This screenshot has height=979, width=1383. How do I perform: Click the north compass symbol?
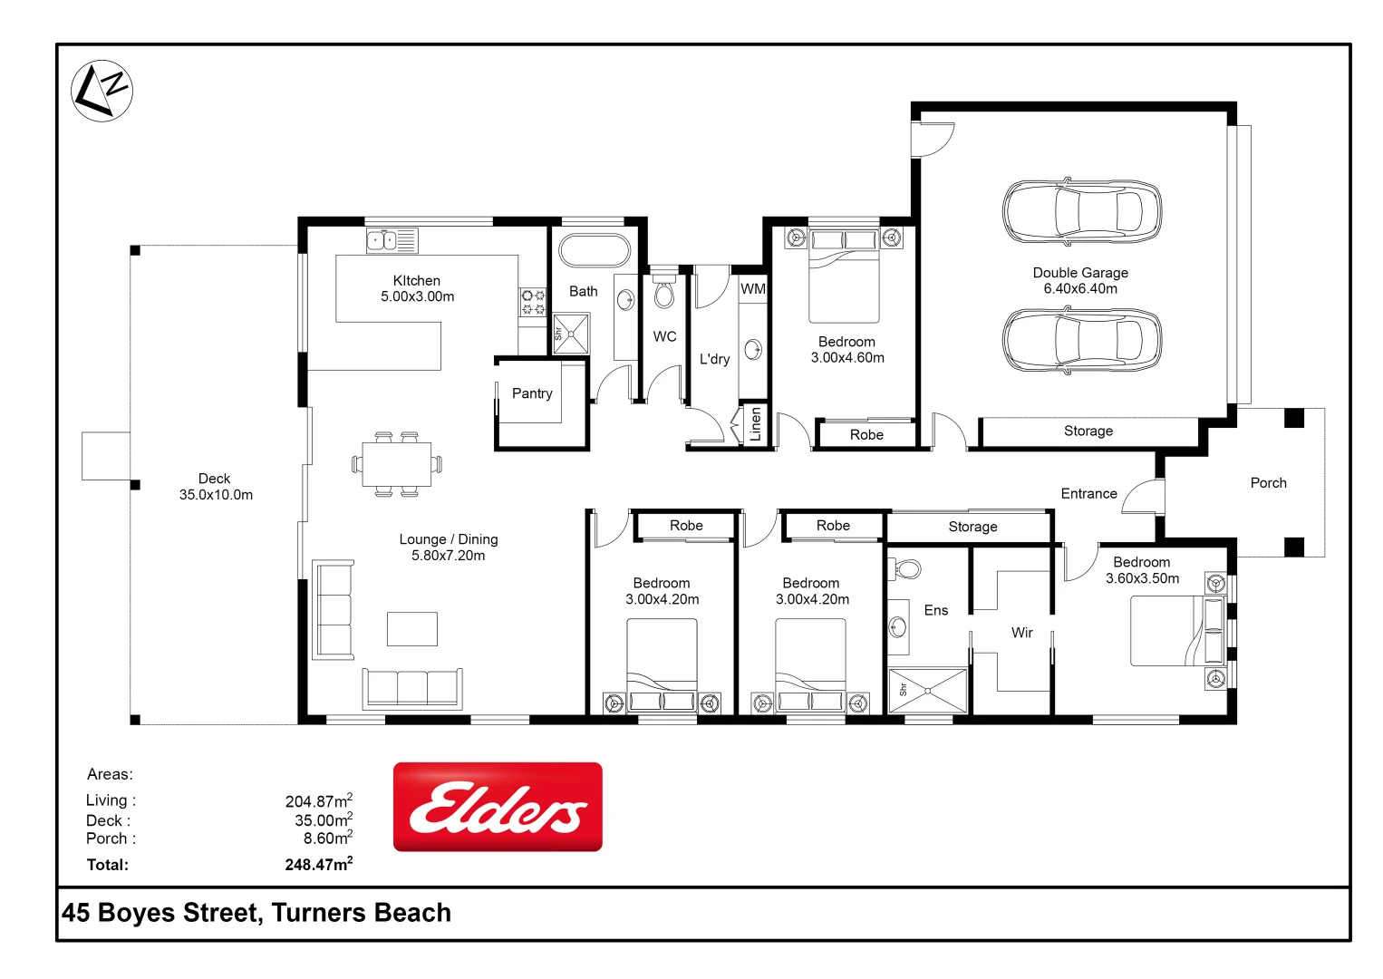(102, 91)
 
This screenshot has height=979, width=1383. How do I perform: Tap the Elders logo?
(498, 807)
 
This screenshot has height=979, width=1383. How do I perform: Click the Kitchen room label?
(417, 281)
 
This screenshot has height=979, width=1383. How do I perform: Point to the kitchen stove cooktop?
(532, 302)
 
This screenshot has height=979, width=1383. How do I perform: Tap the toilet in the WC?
(664, 293)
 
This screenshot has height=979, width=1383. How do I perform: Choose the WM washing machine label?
(753, 289)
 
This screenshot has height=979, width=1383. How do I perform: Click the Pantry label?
(532, 393)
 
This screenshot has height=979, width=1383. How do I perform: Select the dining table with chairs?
(397, 464)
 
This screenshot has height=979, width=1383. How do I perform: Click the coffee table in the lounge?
(412, 628)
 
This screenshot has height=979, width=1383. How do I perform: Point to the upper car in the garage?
(1081, 212)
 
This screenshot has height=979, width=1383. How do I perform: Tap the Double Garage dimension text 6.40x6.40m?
(1080, 289)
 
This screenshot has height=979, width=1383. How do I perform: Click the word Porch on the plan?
(1268, 483)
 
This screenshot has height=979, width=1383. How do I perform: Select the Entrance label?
(1088, 494)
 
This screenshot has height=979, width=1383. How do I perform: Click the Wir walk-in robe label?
(1021, 633)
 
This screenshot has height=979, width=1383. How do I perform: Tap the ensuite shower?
(928, 691)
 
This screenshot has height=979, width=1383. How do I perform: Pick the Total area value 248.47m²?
(318, 865)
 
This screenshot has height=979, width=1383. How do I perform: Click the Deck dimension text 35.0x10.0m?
(216, 495)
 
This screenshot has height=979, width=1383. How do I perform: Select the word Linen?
(756, 424)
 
